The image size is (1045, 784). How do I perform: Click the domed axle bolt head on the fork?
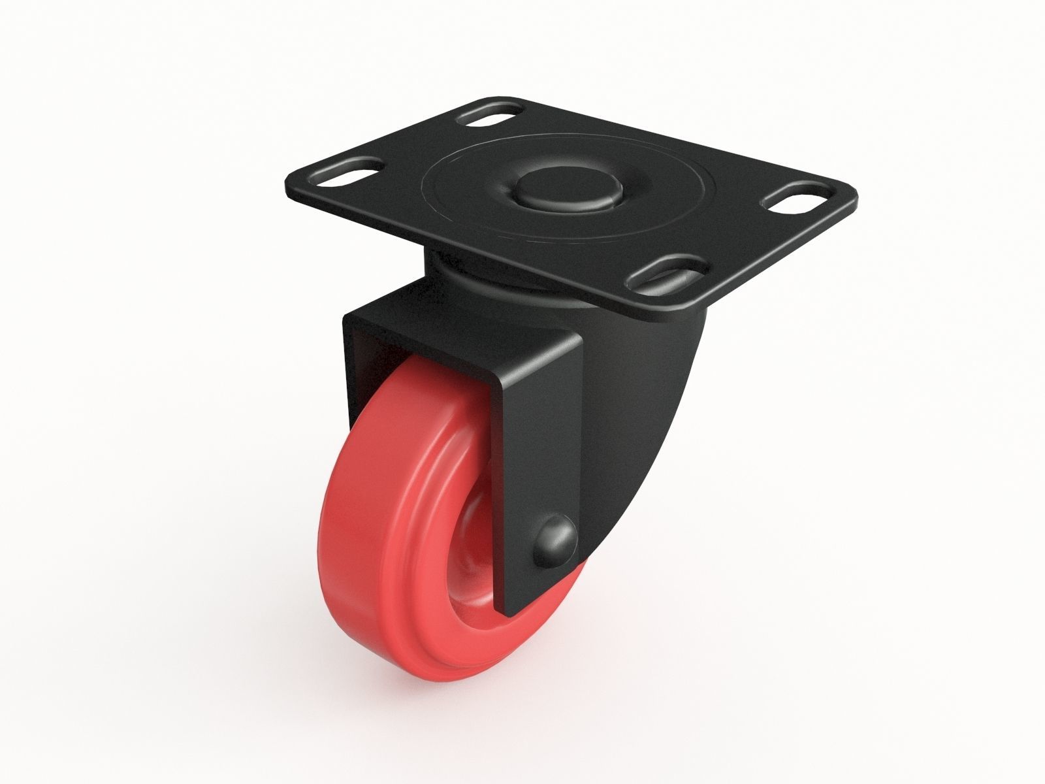[556, 540]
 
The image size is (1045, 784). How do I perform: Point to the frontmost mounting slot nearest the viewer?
[665, 273]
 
